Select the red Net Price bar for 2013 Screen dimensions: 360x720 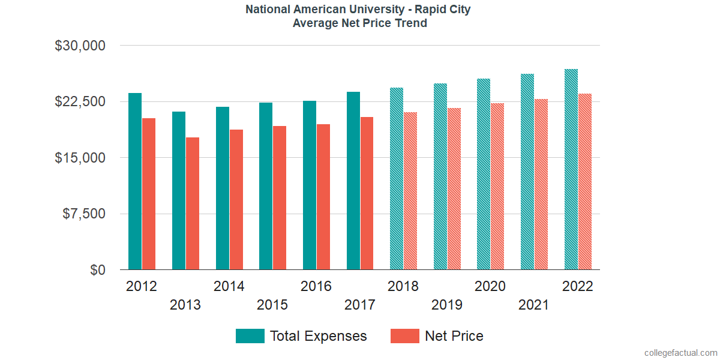(x=193, y=203)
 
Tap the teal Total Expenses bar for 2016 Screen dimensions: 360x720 (x=310, y=185)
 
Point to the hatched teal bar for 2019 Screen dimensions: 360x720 (x=440, y=176)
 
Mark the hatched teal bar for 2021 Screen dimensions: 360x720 (x=527, y=172)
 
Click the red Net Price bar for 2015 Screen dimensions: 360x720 (x=280, y=198)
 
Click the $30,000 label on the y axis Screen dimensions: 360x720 (x=80, y=46)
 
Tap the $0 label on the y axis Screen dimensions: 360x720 (x=98, y=270)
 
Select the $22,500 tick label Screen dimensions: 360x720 (x=80, y=101)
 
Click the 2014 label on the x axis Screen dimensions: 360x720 (x=229, y=286)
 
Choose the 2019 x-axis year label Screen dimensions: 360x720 (x=446, y=305)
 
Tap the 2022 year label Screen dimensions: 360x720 (x=577, y=286)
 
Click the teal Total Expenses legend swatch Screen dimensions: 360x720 (x=250, y=336)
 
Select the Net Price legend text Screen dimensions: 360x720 (x=454, y=336)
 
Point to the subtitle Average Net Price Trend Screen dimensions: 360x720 (x=360, y=23)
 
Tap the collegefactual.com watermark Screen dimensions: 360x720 (x=679, y=352)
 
